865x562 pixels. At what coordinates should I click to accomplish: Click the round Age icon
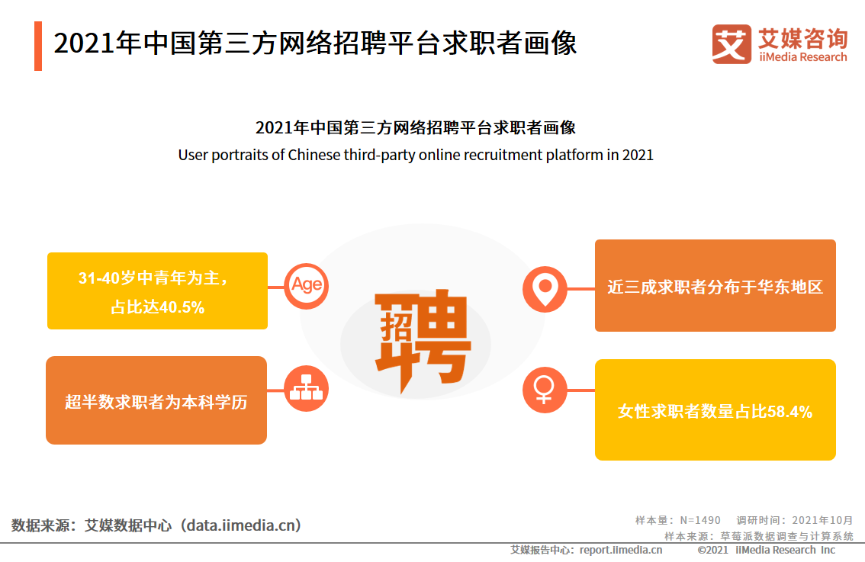306,285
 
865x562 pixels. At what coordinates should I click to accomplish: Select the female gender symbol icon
544,390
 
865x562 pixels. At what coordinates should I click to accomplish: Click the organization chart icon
306,389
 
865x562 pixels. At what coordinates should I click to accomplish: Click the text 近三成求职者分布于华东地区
715,287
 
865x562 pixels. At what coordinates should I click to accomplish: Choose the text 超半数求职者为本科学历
156,401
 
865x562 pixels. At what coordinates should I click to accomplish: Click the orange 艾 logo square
731,44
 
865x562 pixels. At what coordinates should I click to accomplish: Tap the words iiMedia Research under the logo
802,57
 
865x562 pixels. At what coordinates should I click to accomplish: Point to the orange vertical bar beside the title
38,46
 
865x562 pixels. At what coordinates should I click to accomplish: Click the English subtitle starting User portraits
416,155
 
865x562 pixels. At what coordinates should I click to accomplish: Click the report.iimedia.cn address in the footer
621,550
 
